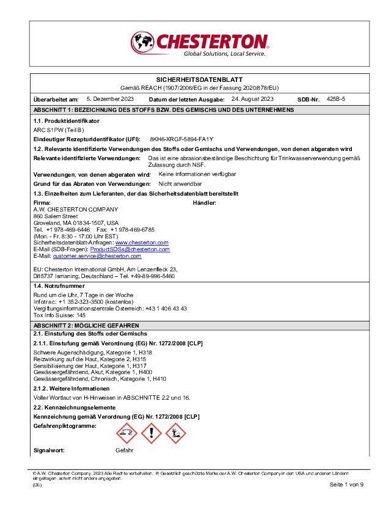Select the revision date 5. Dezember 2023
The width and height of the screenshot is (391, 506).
click(x=110, y=98)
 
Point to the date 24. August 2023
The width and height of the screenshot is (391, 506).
click(x=252, y=98)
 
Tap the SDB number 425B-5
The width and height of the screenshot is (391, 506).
click(x=336, y=98)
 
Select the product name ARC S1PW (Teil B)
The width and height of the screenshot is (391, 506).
click(x=58, y=130)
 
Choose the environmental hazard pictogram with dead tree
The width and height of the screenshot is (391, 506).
click(x=175, y=433)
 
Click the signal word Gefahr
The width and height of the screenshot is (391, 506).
click(x=125, y=450)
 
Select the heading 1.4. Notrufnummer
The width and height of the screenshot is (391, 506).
click(x=59, y=285)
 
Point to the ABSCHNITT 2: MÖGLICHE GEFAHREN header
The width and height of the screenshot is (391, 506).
click(x=86, y=326)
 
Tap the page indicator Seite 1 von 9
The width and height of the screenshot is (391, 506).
click(x=346, y=485)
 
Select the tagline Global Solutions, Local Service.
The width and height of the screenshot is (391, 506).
click(x=224, y=54)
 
